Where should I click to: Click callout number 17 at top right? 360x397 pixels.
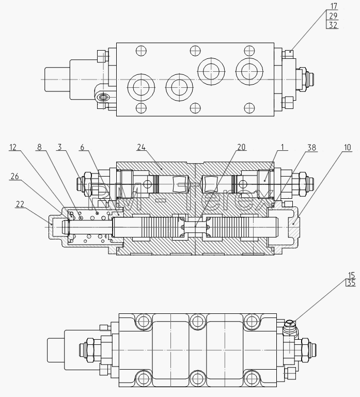click(334, 6)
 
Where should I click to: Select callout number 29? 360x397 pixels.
click(333, 16)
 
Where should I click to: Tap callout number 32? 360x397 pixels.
click(333, 25)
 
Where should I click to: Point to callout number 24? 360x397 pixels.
click(142, 147)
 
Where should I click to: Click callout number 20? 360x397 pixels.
click(241, 147)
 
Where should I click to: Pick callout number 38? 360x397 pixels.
click(312, 147)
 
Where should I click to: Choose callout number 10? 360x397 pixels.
click(348, 147)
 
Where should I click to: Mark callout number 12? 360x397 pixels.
click(13, 147)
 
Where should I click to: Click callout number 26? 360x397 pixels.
click(14, 176)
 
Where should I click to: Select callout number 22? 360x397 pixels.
click(20, 204)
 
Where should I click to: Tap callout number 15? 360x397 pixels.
click(351, 275)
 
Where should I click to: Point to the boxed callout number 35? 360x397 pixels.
click(351, 282)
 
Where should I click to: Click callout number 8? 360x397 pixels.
click(39, 147)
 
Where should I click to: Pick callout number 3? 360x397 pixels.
click(59, 147)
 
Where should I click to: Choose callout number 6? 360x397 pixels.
click(82, 147)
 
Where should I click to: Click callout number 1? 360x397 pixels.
click(283, 147)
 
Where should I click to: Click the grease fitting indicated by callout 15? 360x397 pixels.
click(290, 327)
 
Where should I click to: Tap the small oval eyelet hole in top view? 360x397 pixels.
click(104, 97)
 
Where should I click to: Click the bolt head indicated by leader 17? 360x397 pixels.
click(289, 53)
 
